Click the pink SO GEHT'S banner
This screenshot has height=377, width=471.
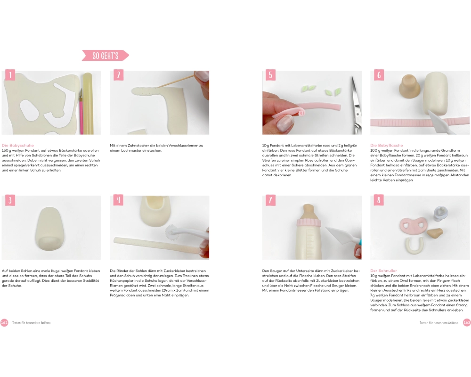pos(106,56)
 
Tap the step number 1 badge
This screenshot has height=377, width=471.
pos(10,75)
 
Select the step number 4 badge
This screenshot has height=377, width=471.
pos(118,200)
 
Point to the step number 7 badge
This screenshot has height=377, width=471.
pos(270,200)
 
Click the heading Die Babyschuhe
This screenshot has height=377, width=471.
pos(18,146)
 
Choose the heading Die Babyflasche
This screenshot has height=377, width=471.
pos(387,146)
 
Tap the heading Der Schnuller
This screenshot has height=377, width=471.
pos(383,270)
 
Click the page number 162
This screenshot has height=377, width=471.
pos(4,323)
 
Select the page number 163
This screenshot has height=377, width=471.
pos(467,323)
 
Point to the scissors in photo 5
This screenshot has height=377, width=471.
pos(356,105)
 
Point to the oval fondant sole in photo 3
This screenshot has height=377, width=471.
pos(50,229)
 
